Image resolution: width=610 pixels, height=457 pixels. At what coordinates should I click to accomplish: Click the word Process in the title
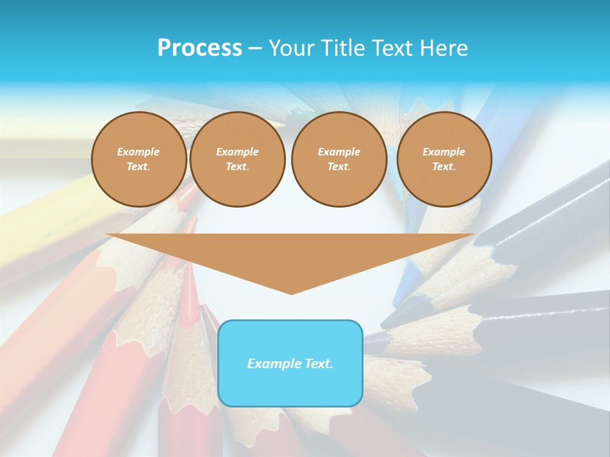pyautogui.click(x=200, y=48)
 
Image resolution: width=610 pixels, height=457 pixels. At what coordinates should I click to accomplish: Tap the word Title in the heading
pyautogui.click(x=342, y=48)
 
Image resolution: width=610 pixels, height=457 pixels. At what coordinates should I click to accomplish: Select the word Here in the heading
pyautogui.click(x=444, y=48)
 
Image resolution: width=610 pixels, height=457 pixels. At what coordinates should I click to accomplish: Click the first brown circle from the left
pyautogui.click(x=139, y=159)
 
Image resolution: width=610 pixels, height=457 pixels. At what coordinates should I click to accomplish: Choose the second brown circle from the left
pyautogui.click(x=238, y=159)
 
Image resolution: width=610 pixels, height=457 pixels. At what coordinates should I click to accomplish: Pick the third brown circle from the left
pyautogui.click(x=339, y=159)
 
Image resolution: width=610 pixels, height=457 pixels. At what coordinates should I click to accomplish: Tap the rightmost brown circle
pyautogui.click(x=444, y=159)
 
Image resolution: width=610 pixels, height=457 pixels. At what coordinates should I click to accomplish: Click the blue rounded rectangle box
pyautogui.click(x=290, y=363)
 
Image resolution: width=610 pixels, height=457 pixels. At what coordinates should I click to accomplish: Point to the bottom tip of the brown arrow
pyautogui.click(x=291, y=294)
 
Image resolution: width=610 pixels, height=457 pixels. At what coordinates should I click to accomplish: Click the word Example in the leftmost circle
pyautogui.click(x=139, y=152)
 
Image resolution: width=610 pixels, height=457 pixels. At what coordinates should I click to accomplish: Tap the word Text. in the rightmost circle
pyautogui.click(x=444, y=167)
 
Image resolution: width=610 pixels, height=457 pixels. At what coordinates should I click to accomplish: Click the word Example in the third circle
pyautogui.click(x=339, y=152)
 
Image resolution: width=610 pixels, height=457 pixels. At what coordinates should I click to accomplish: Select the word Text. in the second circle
pyautogui.click(x=238, y=167)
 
